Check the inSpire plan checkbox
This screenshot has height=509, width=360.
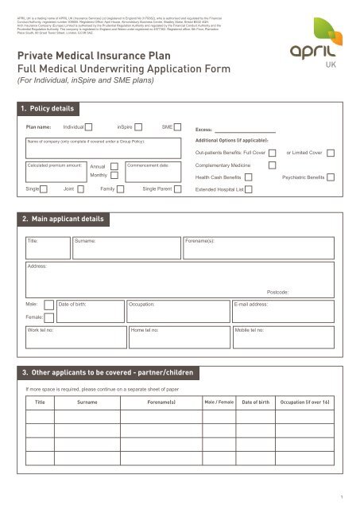[139, 126]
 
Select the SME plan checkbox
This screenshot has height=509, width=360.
[179, 126]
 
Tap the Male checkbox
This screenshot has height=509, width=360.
[49, 305]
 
